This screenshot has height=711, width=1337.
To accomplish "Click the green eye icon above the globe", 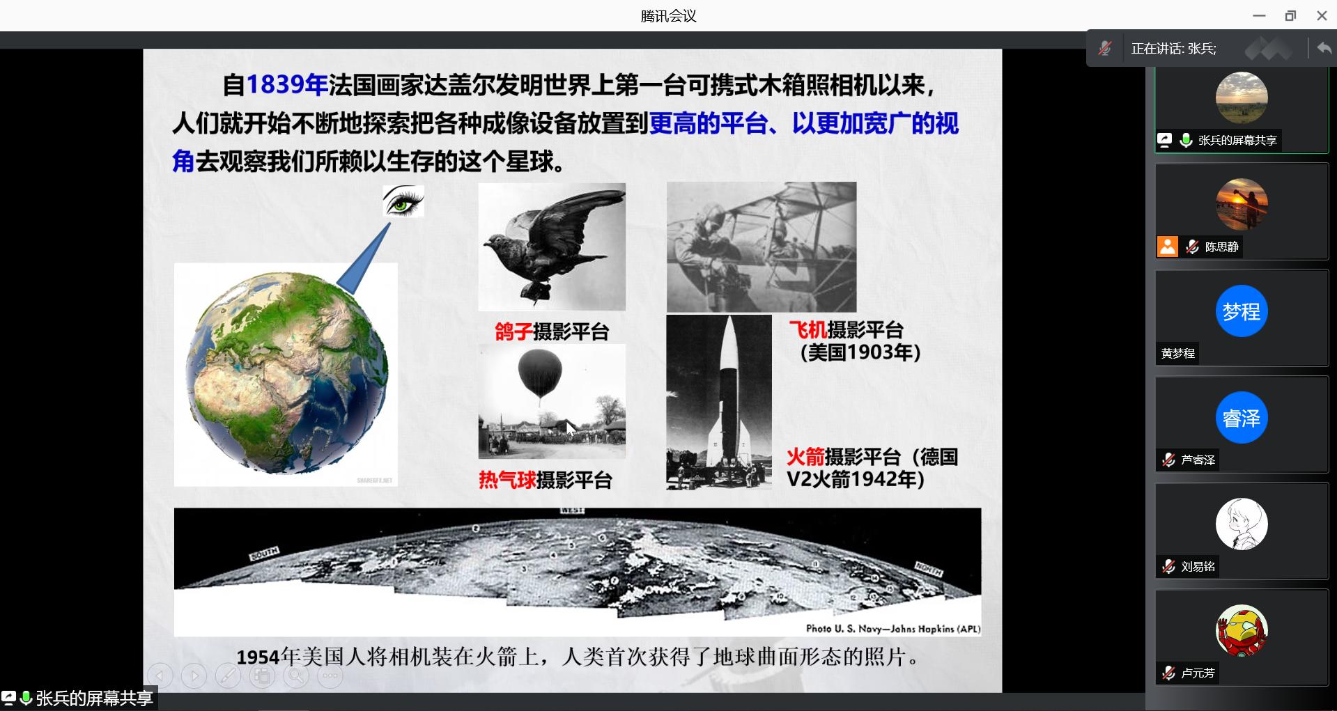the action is click(403, 201).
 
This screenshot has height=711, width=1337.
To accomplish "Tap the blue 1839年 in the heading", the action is click(287, 85).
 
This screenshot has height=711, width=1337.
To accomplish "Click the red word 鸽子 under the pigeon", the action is click(513, 331).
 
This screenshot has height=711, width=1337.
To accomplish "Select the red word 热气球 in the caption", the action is click(507, 480).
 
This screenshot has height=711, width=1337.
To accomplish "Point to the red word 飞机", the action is click(807, 329).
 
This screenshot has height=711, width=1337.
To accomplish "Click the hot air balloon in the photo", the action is click(540, 373).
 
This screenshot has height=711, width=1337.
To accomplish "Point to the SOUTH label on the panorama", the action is click(264, 554).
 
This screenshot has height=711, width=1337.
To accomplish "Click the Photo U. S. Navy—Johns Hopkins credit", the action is click(893, 629).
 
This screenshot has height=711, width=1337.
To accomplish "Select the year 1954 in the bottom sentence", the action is click(258, 657).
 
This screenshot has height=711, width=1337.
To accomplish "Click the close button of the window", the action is click(1322, 15).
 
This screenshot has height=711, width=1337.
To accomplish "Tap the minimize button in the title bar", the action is click(1259, 15).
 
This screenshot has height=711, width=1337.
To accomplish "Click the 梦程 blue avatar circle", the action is click(1242, 311).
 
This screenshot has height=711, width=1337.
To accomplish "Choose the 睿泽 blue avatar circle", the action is click(1242, 418).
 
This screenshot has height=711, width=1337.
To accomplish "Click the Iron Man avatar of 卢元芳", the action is click(1242, 631).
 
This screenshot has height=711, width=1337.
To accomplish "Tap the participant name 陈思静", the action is click(1222, 247).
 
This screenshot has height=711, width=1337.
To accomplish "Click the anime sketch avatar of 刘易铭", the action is click(1242, 524).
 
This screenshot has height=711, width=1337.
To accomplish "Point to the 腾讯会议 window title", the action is click(668, 16).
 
